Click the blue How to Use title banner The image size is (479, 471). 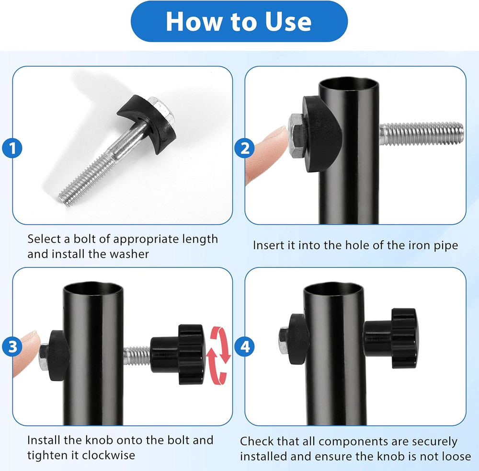point(239,22)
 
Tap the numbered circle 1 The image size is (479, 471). point(12,148)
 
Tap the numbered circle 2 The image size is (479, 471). point(244,148)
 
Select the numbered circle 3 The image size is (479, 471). point(12,346)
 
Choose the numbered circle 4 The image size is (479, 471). point(244,346)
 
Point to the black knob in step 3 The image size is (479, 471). point(178,355)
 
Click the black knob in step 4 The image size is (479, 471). point(391,338)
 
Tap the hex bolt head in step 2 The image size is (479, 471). point(297,136)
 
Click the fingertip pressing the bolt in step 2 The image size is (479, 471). point(265,153)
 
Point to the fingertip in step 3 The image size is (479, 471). point(26,352)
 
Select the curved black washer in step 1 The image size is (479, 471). point(147,123)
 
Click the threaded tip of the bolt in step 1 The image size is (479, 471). point(66,197)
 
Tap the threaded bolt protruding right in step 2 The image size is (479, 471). point(422,133)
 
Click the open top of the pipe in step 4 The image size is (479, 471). point(333,289)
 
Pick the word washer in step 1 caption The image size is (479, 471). point(129,254)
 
